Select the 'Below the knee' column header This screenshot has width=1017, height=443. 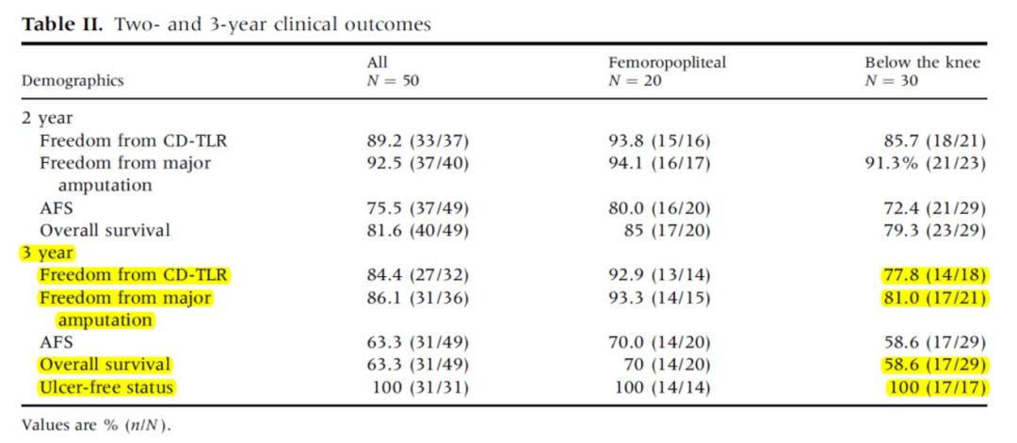point(922,63)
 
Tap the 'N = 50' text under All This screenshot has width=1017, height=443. point(393,81)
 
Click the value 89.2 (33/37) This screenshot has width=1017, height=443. point(417,142)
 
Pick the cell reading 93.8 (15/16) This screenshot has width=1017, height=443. point(659,142)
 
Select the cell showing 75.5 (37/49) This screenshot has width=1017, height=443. point(417,208)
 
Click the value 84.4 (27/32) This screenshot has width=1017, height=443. point(417,276)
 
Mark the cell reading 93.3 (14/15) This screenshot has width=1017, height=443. point(659,298)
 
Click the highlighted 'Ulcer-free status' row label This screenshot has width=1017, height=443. point(106,387)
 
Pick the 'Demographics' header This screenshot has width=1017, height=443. point(73,82)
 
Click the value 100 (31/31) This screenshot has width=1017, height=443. point(420,387)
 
